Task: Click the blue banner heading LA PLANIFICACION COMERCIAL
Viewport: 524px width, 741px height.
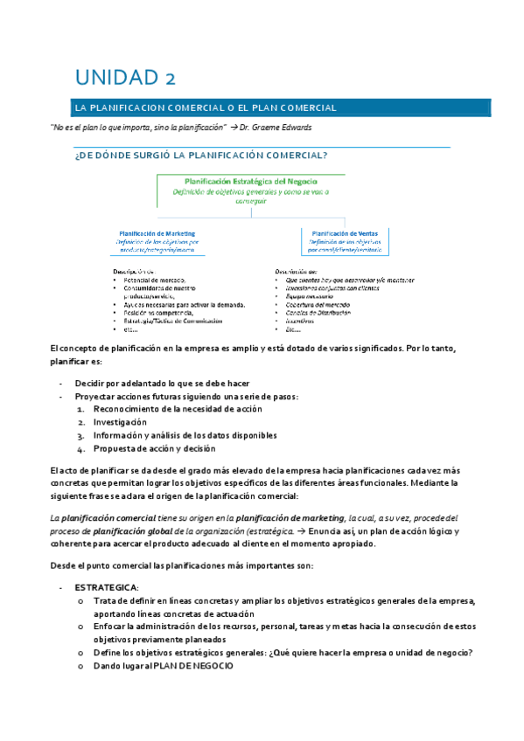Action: pos(206,107)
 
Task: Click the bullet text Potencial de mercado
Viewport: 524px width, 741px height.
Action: pos(154,280)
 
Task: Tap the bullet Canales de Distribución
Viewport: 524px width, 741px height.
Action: pos(312,312)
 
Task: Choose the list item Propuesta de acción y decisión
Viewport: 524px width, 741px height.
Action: pos(154,449)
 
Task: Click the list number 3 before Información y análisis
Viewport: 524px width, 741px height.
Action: pos(80,436)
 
